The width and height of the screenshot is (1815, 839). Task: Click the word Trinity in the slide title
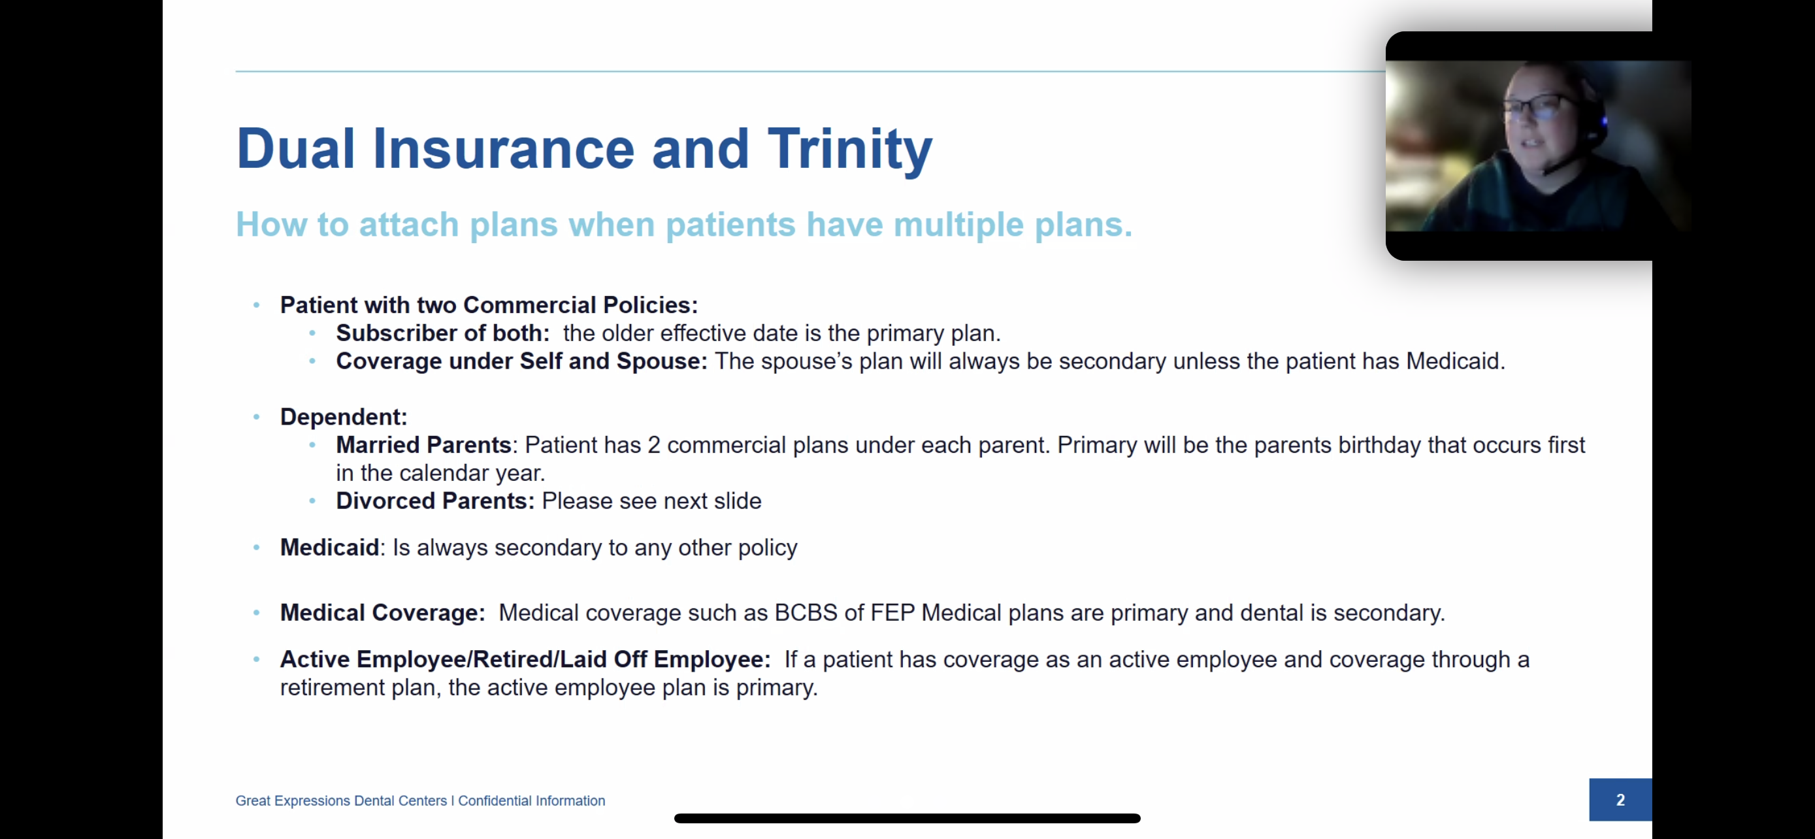(850, 150)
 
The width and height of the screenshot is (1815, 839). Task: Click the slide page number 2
(1620, 800)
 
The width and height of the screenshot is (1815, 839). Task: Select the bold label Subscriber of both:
(442, 333)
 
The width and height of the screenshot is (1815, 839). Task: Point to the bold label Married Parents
(423, 445)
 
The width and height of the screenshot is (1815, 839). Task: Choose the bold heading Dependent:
(344, 417)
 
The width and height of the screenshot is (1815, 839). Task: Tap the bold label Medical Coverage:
(383, 613)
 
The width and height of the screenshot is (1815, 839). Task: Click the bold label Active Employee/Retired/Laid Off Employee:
(525, 659)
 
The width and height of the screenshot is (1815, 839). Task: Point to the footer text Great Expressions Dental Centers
(341, 801)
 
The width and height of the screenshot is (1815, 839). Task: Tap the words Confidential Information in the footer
(531, 801)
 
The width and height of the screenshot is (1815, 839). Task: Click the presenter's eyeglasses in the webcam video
(1537, 106)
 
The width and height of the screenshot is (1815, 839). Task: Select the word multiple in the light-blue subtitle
(958, 225)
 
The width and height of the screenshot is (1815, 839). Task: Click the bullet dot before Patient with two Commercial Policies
(257, 306)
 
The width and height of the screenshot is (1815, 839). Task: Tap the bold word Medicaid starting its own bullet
(330, 548)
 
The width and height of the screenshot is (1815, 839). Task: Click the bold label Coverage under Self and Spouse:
(521, 361)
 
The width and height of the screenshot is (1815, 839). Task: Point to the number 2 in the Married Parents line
(654, 445)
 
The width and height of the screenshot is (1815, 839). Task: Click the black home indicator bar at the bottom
(907, 818)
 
